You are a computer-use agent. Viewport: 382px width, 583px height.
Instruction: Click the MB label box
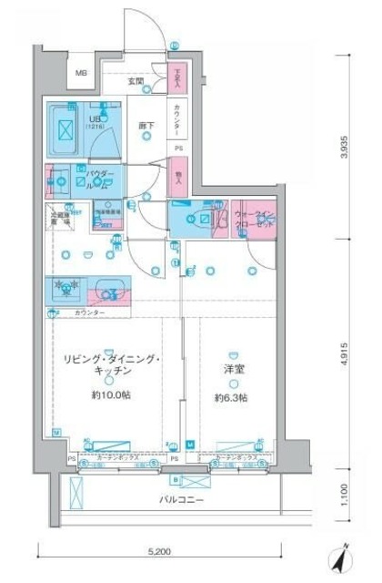pyautogui.click(x=82, y=74)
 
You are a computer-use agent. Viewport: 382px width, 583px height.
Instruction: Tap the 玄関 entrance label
pyautogui.click(x=136, y=82)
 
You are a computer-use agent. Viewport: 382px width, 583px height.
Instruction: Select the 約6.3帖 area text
pyautogui.click(x=232, y=397)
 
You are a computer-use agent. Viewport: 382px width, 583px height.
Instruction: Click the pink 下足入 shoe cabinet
pyautogui.click(x=178, y=78)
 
